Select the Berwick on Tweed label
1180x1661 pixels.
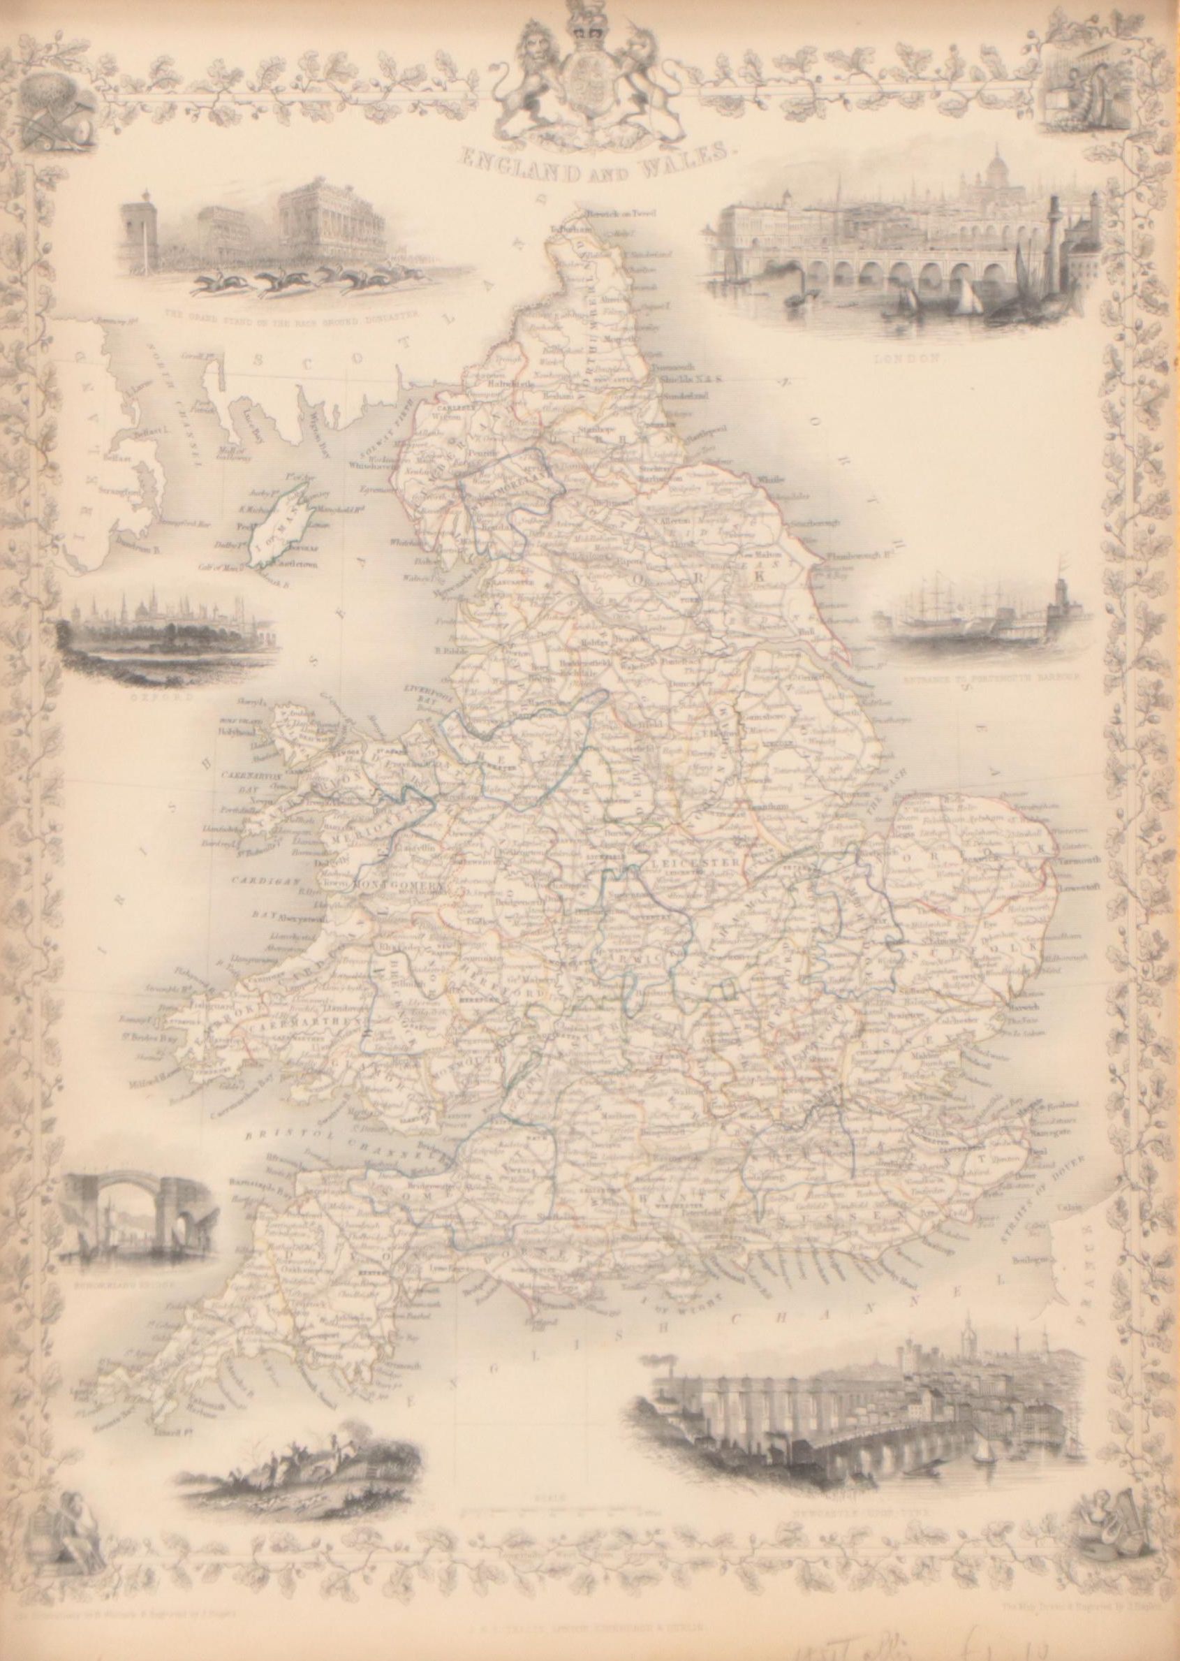(x=613, y=213)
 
